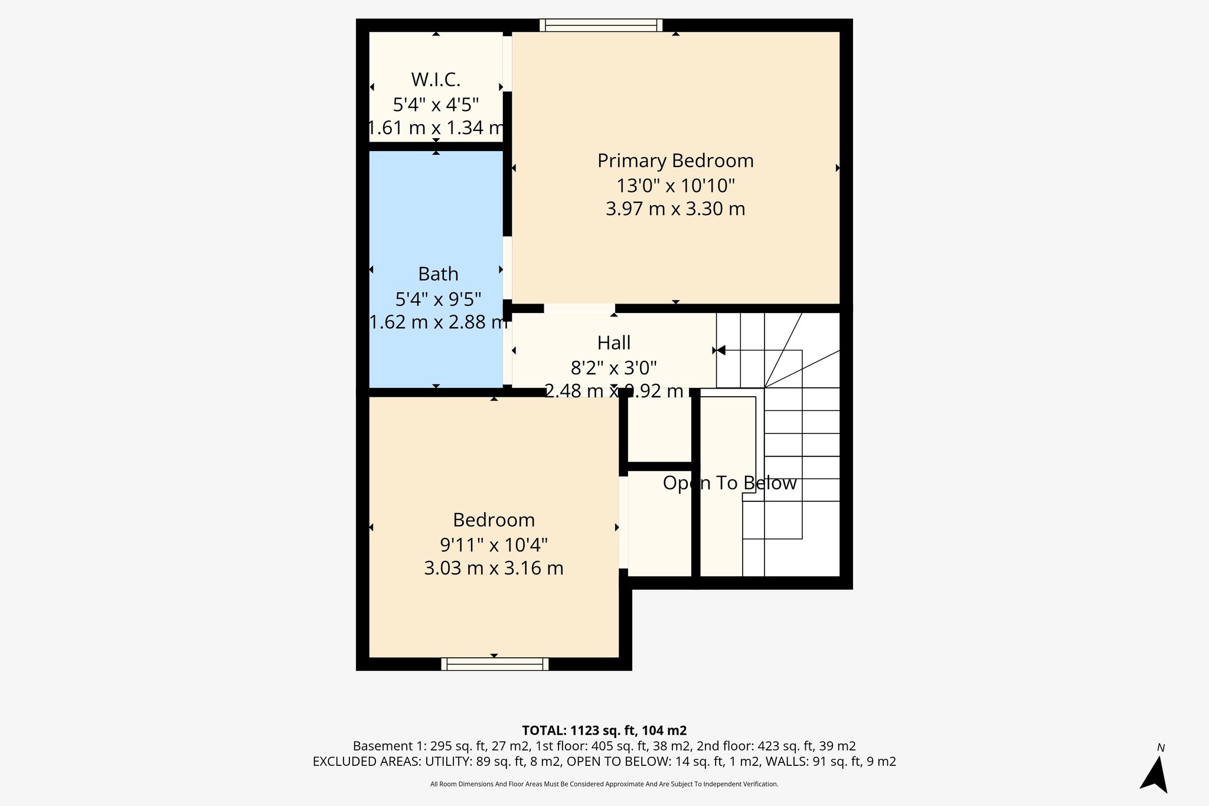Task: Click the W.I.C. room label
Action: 436,79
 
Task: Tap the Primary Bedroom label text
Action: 675,161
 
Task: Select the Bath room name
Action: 438,274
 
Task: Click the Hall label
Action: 614,342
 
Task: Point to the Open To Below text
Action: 730,483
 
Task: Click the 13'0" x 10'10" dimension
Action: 675,185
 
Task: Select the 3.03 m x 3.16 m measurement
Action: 494,568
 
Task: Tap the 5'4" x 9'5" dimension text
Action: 438,299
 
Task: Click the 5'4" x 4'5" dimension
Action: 436,105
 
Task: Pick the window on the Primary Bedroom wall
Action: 601,25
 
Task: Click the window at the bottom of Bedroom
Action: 495,664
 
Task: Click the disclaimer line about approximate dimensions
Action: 604,784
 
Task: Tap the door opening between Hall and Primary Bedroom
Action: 579,308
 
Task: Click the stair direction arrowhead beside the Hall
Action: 720,351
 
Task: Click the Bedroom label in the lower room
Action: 494,520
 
